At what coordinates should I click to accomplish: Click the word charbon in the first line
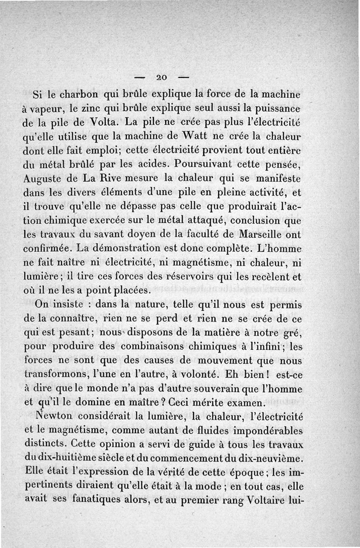click(79, 95)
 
